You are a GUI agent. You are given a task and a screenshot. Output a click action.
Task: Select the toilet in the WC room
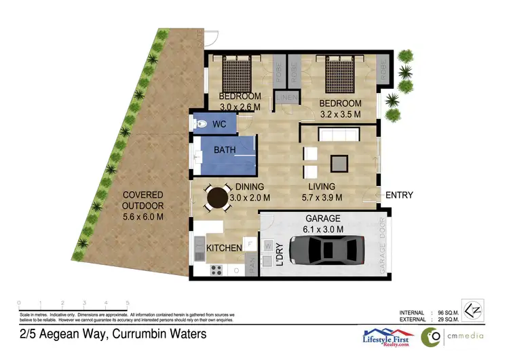tap(201, 124)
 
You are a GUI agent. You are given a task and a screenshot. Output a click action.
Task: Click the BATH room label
tap(225, 149)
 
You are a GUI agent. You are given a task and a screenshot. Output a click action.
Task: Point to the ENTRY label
tap(399, 196)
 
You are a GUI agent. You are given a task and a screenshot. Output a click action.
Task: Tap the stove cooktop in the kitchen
tap(217, 270)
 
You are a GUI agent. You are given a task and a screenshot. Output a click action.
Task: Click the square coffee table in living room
tap(338, 163)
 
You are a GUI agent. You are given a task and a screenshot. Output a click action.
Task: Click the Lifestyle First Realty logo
tap(385, 336)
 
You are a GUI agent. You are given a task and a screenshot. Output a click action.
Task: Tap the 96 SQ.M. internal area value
tap(445, 312)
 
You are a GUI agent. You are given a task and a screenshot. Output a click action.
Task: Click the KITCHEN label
tap(224, 248)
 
